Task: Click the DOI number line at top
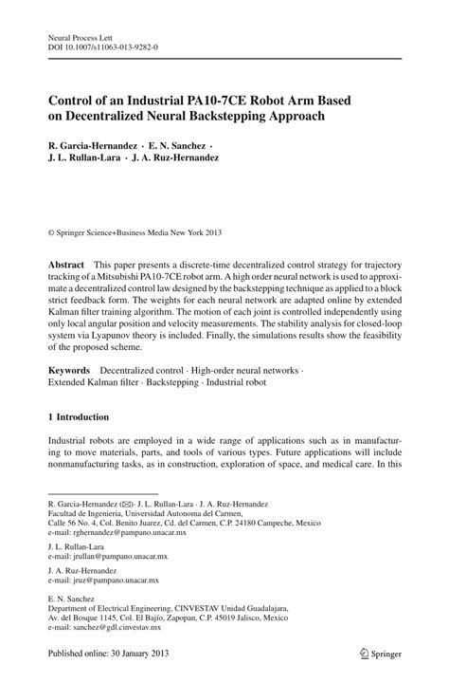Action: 104,43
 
